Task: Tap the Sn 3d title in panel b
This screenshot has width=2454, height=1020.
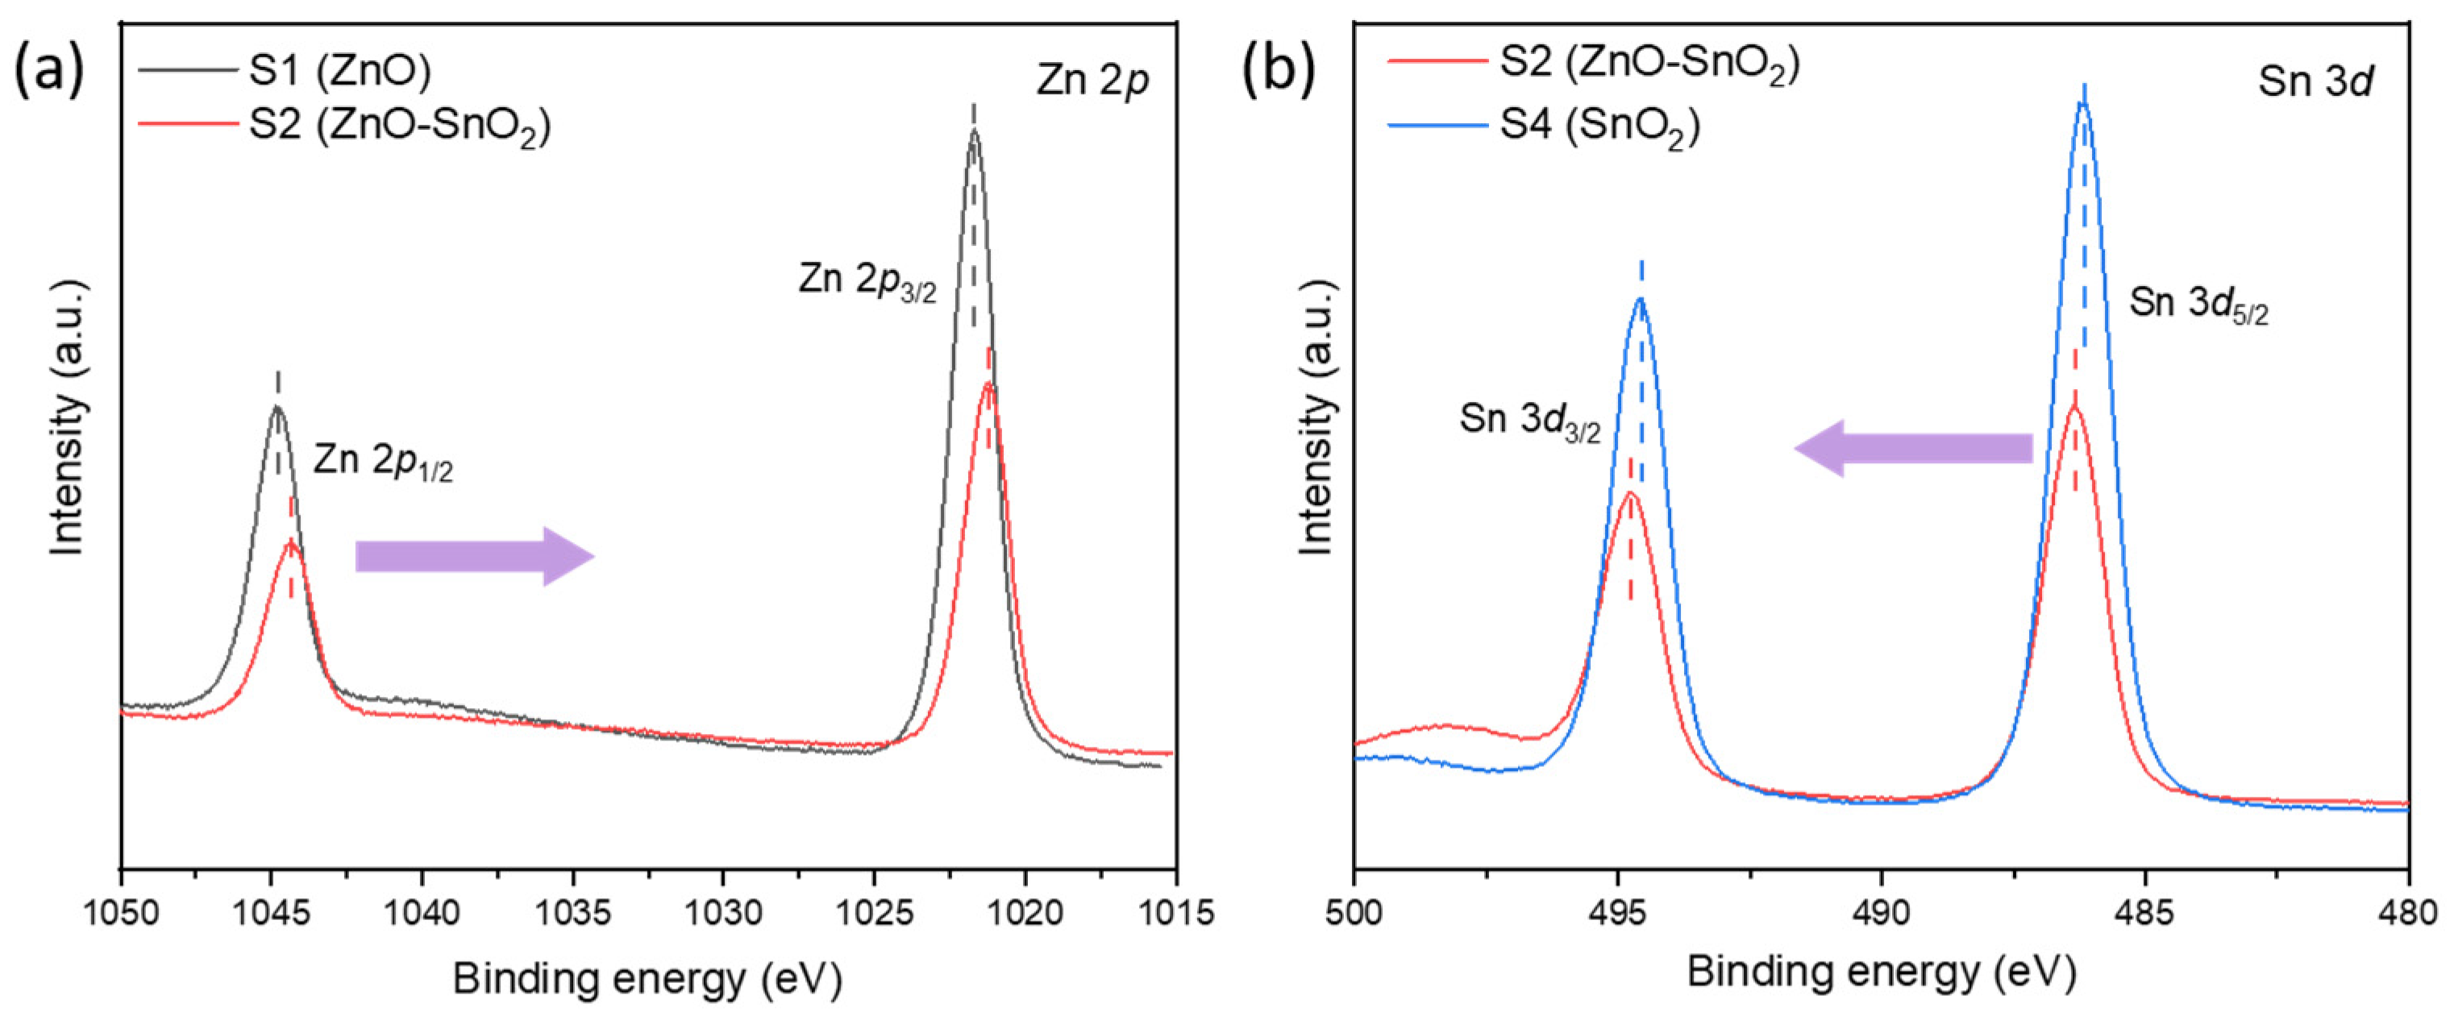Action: (x=2315, y=82)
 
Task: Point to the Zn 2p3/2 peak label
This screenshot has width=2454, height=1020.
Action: (x=867, y=280)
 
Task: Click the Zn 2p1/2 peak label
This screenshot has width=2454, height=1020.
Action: (x=383, y=462)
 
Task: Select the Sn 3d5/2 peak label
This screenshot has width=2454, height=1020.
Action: (x=2198, y=304)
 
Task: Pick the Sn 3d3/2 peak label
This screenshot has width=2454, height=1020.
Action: (x=1530, y=420)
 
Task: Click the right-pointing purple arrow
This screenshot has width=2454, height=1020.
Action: (x=474, y=556)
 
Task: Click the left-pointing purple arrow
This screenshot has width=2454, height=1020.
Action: (x=1913, y=448)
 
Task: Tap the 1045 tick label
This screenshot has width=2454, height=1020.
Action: (x=272, y=912)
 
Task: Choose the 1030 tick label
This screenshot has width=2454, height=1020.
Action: (x=723, y=912)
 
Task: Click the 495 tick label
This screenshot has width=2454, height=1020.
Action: (x=1616, y=912)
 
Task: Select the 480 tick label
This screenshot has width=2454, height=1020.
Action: (x=2408, y=912)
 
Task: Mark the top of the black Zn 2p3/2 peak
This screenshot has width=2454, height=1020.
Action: (x=972, y=132)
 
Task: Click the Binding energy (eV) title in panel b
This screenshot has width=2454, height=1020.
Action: (x=1881, y=973)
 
